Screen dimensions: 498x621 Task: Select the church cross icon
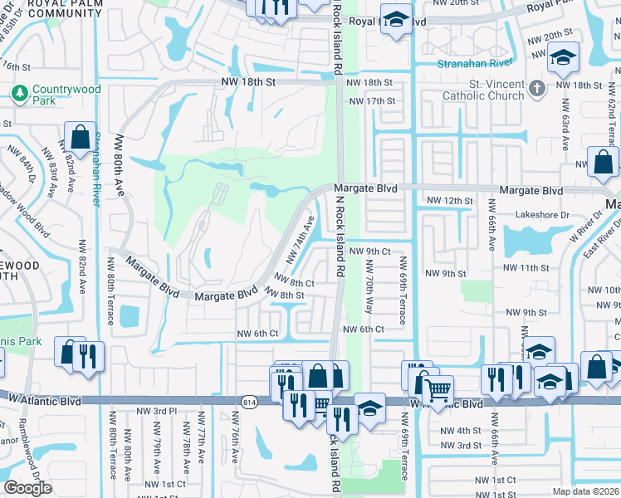538,86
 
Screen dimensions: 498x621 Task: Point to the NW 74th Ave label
301,239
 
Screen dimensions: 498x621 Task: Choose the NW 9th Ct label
369,251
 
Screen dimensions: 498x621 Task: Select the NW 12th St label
449,201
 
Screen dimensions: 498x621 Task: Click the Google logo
27,488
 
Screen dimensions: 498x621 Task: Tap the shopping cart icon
438,387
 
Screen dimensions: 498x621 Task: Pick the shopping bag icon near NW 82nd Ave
80,135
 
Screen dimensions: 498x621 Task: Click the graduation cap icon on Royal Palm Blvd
397,20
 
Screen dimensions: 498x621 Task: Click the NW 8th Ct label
294,283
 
